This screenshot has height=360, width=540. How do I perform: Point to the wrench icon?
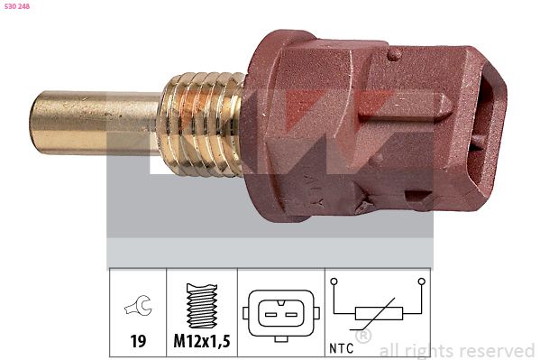coord(138,309)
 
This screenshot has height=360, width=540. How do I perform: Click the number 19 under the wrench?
coord(138,341)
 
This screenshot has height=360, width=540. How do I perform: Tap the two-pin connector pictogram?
coord(280,313)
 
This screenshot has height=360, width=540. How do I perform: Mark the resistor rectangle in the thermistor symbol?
coord(375,313)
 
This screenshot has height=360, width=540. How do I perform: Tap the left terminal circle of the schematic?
coord(334,282)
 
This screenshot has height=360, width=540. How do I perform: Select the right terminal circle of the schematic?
coord(420,282)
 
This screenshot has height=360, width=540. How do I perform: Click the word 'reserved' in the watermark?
coord(495,350)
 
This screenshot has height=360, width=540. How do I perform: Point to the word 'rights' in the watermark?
coord(426,350)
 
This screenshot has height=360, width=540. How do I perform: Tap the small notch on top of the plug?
coord(393,54)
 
